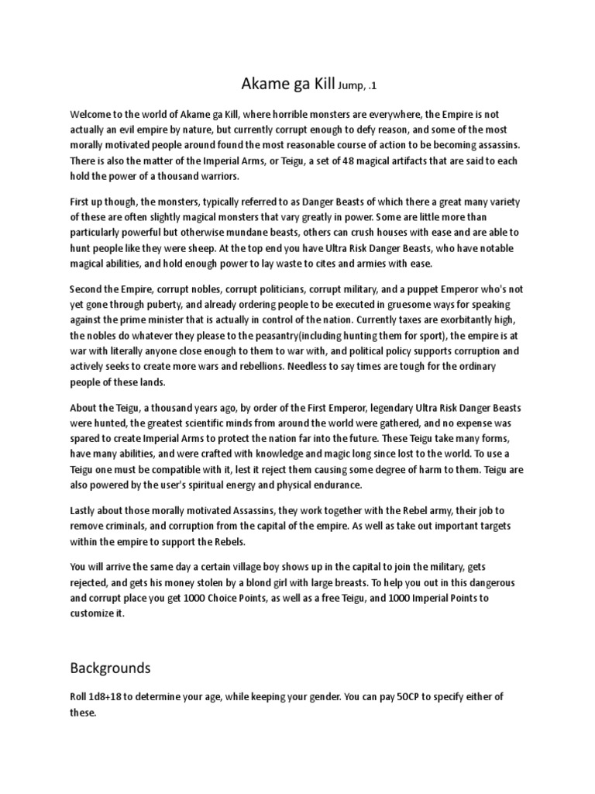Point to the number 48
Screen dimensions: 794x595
tap(320, 160)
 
